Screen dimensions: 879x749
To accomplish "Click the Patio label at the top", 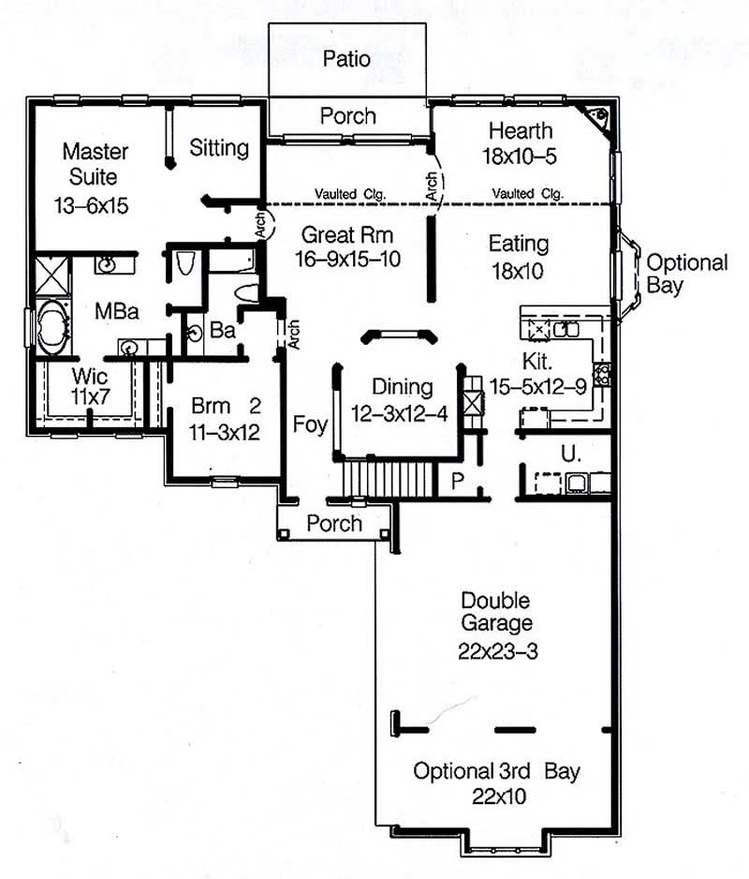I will coord(346,59).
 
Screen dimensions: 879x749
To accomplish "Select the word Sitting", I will coord(219,147).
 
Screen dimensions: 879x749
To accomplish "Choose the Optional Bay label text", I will coord(686,274).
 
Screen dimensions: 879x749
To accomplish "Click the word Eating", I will coord(519,244).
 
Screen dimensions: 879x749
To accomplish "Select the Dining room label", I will coord(402,386).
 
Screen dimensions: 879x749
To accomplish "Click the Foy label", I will coord(310,425).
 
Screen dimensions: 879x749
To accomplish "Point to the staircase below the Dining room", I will coord(389,478).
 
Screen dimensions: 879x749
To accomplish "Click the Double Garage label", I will coord(495,611).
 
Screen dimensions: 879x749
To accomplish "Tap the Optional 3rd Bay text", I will coord(496,772).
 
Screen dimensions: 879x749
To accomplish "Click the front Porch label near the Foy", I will coord(334,523).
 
